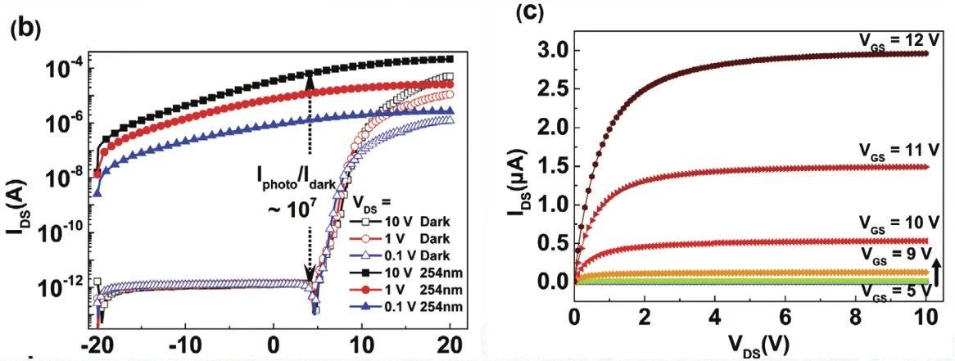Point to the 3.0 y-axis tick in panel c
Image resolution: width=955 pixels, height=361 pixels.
tap(548, 52)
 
